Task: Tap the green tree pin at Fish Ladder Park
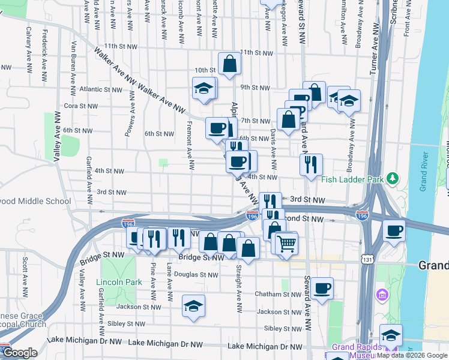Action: coord(393,178)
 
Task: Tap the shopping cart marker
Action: coord(287,243)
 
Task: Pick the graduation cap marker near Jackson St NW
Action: coord(193,306)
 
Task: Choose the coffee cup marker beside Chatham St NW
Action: coord(322,288)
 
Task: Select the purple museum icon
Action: coord(381,295)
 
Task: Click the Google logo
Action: coord(20,353)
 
